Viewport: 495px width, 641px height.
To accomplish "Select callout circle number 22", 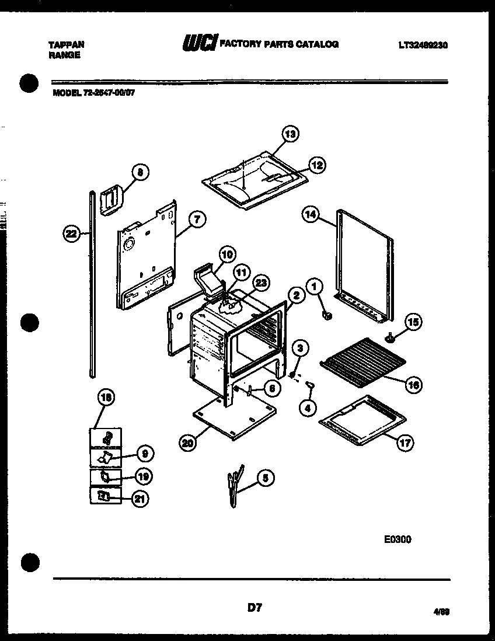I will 71,234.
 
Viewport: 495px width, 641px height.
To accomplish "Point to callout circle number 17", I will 405,443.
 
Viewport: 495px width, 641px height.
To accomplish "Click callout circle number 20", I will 187,443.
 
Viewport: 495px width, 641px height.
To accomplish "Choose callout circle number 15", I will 413,322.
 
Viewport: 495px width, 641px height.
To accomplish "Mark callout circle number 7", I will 197,220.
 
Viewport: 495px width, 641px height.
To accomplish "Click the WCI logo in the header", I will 200,44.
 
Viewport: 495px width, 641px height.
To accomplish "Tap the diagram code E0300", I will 397,539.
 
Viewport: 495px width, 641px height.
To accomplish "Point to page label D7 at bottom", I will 254,608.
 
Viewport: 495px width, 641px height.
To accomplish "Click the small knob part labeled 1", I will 327,316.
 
